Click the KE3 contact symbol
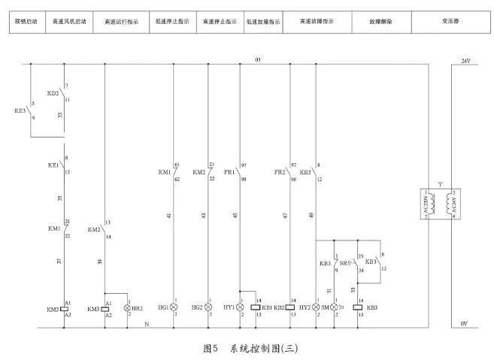tap(31, 110)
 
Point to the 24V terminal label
tap(465, 59)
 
